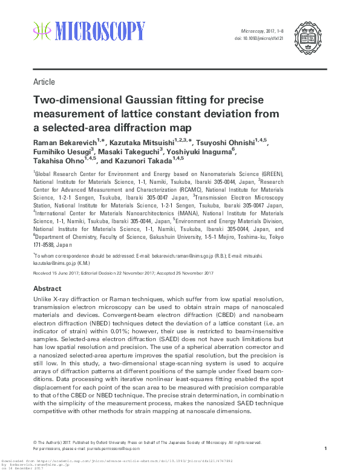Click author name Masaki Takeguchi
tap(129, 152)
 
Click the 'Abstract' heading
tap(47, 289)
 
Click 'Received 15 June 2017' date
tap(57, 273)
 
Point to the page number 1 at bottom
tap(326, 448)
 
